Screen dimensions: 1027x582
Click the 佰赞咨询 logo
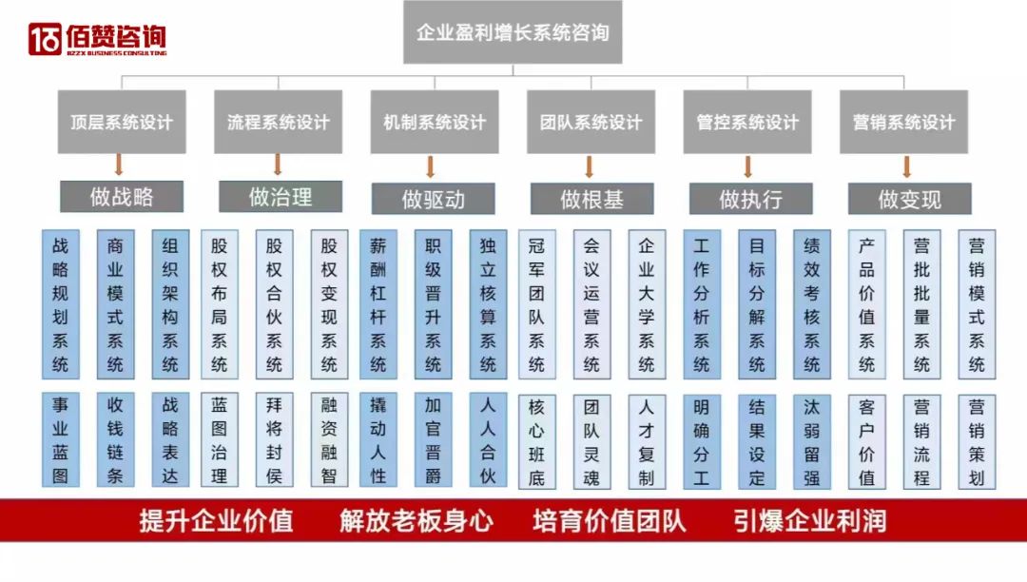(97, 39)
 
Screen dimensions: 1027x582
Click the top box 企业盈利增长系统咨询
(513, 32)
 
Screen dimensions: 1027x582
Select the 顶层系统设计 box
(122, 122)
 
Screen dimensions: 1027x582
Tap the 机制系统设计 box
(435, 122)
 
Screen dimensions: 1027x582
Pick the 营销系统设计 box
(903, 122)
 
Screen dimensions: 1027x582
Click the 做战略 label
(122, 197)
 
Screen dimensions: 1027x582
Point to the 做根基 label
(591, 199)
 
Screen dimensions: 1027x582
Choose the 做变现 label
(909, 199)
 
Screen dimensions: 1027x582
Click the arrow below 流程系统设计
(278, 165)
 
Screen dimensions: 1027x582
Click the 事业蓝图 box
(60, 439)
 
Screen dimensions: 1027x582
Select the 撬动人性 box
(378, 439)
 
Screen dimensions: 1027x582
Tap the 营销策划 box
(977, 439)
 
